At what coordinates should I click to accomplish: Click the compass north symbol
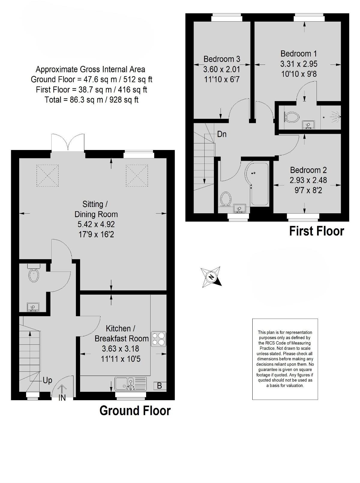click(x=212, y=276)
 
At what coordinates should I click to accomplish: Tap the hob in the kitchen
click(x=158, y=339)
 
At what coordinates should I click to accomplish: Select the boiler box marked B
click(x=159, y=385)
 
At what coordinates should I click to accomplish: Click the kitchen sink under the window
click(x=131, y=383)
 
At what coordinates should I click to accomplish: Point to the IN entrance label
click(x=62, y=398)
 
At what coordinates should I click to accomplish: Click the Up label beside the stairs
click(x=47, y=380)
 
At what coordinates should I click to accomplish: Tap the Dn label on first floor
click(x=222, y=134)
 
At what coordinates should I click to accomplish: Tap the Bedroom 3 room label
click(x=222, y=59)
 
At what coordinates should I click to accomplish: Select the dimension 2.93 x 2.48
click(x=308, y=180)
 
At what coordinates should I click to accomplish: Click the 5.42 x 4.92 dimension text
click(x=96, y=224)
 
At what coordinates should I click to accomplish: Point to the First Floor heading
click(x=316, y=231)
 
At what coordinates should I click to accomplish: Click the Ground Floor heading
click(x=135, y=410)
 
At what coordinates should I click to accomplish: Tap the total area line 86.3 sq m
click(x=91, y=100)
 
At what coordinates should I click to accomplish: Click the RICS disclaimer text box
click(x=285, y=359)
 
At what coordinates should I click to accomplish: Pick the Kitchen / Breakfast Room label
click(x=121, y=333)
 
